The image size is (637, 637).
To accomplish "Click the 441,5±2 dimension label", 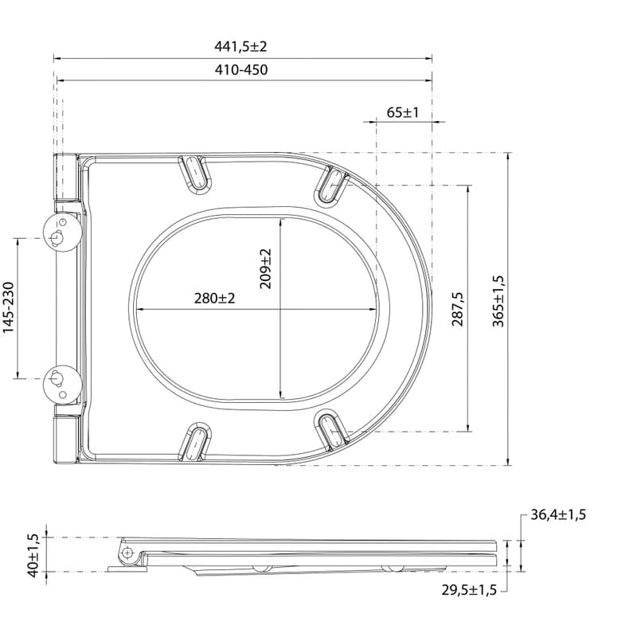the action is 240,47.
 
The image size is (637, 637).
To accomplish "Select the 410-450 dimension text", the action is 241,70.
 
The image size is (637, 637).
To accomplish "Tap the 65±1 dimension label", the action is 403,112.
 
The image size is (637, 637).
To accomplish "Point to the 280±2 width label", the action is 214,299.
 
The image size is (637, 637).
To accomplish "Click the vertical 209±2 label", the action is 265,268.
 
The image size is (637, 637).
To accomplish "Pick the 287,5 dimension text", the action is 458,309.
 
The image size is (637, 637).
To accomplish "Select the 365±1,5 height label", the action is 498,301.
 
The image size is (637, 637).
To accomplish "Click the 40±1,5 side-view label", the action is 33,555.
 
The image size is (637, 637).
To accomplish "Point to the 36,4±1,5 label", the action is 558,514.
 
